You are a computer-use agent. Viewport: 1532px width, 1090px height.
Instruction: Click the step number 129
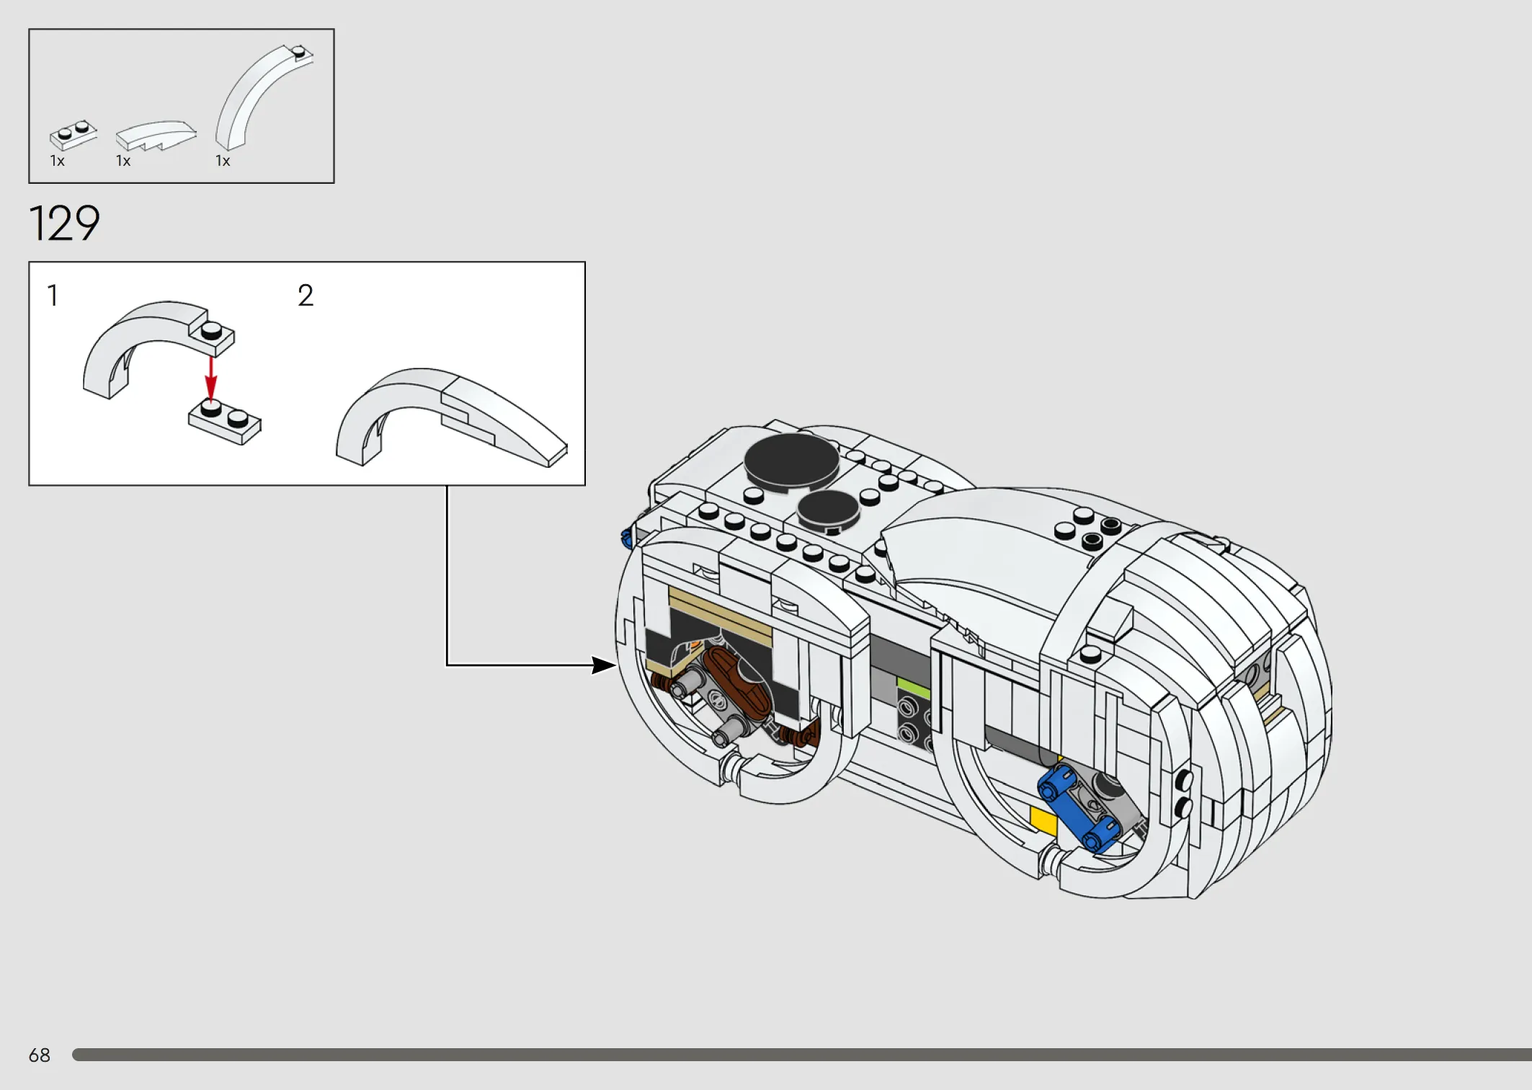click(64, 223)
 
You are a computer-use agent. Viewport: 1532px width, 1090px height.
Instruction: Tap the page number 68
click(40, 1055)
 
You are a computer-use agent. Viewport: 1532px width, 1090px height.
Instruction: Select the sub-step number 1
click(53, 296)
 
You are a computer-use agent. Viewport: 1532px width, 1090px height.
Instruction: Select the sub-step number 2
click(306, 296)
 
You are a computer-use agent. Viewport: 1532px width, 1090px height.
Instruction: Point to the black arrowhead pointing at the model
click(604, 665)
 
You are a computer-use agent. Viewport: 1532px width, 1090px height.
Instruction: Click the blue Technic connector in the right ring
click(1077, 807)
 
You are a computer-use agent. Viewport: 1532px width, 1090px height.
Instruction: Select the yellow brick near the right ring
click(1044, 820)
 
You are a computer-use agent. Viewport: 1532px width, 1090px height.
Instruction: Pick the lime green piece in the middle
click(914, 688)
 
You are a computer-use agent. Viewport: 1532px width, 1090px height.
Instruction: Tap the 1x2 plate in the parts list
click(73, 135)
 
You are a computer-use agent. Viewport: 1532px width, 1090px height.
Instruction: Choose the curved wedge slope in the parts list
click(156, 136)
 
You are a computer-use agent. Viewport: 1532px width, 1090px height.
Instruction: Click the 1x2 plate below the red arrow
click(225, 422)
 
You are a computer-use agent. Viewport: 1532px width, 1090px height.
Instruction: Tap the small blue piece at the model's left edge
click(626, 537)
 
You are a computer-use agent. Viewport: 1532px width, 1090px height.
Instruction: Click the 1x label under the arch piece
click(223, 161)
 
